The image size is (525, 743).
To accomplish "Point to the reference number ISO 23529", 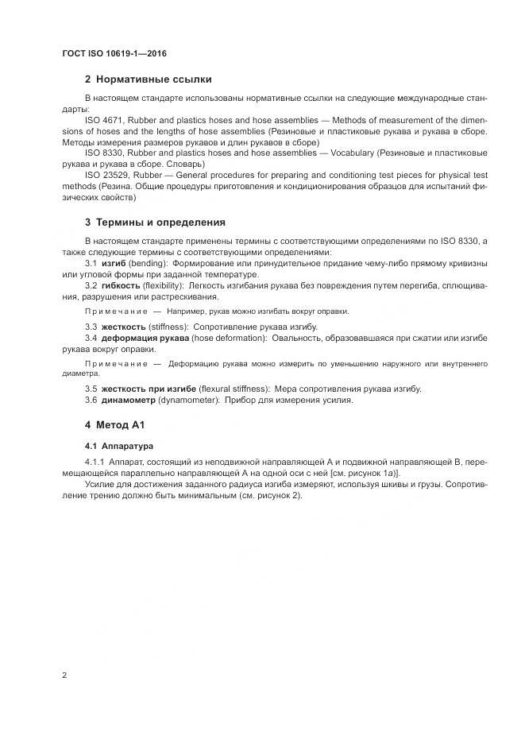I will pos(106,173).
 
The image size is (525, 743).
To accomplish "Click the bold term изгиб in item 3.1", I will pos(114,262).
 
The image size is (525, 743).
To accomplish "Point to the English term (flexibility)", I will pos(164,284).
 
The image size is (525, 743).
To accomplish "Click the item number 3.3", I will pos(91,327).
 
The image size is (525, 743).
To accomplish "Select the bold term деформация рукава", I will pos(145,338).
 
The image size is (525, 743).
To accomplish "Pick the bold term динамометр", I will pos(128,400).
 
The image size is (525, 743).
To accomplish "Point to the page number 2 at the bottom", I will pos(64,675).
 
